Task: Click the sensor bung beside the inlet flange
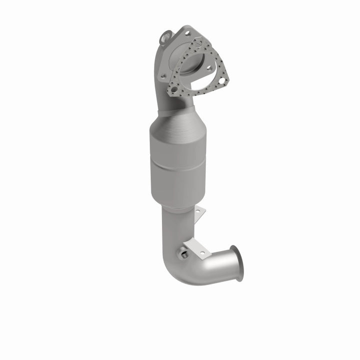click(x=166, y=36)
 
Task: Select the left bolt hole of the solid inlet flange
click(x=162, y=76)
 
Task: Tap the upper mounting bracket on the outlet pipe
click(x=199, y=213)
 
